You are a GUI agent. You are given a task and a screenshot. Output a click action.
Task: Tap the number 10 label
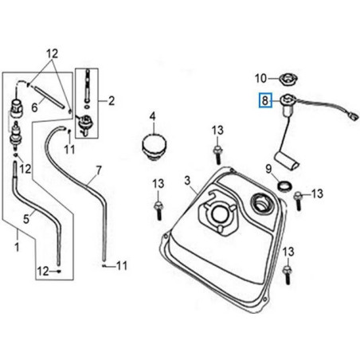[260, 78]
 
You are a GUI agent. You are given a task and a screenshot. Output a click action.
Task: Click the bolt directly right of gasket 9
[299, 193]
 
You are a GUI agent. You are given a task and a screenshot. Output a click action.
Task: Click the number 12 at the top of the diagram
[53, 53]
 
